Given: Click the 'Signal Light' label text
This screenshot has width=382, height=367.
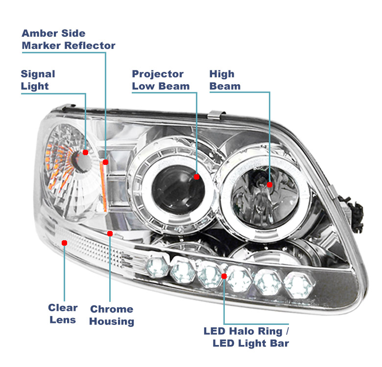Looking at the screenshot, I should click(38, 80).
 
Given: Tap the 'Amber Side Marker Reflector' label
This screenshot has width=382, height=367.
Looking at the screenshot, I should click(68, 40).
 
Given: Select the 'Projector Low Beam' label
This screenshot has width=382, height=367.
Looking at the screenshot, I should click(161, 80).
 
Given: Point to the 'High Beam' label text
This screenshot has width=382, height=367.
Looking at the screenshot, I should click(225, 80).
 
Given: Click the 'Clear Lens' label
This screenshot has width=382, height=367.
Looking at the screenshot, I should click(63, 314).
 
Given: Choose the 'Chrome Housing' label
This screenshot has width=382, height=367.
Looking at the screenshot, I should click(112, 315).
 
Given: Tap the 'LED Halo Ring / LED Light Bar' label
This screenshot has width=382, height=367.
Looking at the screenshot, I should click(246, 337).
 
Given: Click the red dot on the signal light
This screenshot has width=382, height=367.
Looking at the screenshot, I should click(86, 152).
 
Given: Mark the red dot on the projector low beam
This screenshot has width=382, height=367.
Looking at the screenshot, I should click(197, 177).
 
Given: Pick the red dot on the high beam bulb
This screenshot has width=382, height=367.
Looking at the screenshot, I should click(269, 184).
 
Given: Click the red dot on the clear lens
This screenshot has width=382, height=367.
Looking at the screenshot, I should click(64, 242).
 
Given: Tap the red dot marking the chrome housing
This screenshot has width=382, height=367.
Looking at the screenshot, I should click(110, 234).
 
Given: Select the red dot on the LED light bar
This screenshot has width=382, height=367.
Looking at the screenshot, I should click(224, 276).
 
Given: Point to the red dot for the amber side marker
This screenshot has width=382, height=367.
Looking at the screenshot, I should click(105, 162).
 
